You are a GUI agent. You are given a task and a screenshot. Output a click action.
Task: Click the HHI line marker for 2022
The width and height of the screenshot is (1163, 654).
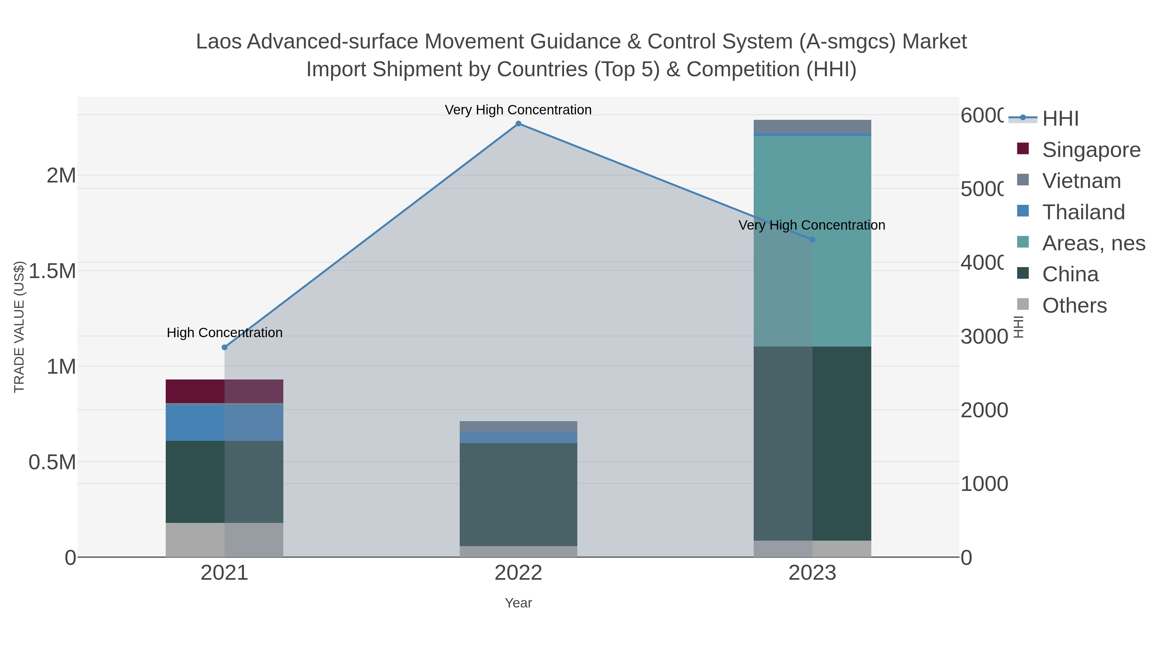[x=518, y=124]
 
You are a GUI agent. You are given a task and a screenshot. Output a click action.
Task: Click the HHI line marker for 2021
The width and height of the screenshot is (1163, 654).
[x=225, y=347]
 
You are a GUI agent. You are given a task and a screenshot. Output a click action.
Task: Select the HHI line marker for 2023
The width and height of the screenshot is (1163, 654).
[x=812, y=240]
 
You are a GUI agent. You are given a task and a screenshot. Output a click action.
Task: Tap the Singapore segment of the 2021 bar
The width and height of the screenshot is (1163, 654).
[x=225, y=391]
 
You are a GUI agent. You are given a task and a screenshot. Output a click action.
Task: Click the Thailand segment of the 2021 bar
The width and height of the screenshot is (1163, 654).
[x=225, y=422]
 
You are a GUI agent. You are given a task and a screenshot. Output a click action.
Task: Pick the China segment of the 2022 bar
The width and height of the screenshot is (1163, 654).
[x=518, y=494]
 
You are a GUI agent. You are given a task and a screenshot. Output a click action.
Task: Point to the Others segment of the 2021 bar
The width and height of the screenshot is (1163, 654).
[x=225, y=540]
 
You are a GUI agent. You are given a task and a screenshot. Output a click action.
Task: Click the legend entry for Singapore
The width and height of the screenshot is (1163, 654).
[x=1091, y=150]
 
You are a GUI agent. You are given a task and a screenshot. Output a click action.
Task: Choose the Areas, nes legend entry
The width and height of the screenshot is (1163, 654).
[x=1093, y=243]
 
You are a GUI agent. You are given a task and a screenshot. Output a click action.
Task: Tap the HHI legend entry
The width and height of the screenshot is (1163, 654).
[x=1060, y=119]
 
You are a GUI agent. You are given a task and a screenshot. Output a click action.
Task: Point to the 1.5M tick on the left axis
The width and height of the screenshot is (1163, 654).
[x=52, y=271]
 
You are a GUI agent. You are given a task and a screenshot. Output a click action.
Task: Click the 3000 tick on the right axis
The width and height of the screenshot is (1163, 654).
[x=983, y=337]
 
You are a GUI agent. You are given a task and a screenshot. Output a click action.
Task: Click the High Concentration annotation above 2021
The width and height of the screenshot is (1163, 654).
[x=225, y=333]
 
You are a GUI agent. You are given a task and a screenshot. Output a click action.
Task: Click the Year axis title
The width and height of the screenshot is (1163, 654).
[x=518, y=603]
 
